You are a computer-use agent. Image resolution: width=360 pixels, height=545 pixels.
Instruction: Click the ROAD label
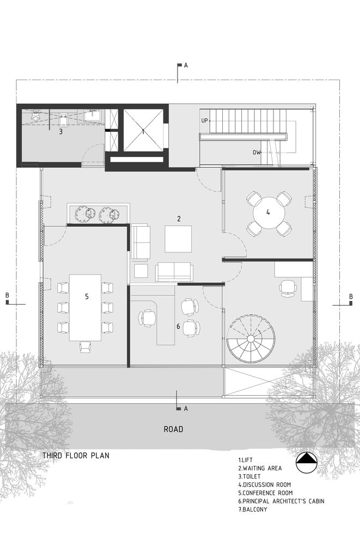click(x=173, y=429)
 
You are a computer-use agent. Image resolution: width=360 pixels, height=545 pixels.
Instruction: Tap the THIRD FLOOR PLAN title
click(x=76, y=455)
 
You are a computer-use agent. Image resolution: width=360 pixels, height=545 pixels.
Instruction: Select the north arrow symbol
click(x=307, y=463)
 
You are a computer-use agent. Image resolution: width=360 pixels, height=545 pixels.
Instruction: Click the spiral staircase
click(x=251, y=339)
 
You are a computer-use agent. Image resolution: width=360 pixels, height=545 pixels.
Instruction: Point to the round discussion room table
click(x=269, y=213)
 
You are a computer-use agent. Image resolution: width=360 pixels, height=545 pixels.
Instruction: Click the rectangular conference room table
click(x=86, y=307)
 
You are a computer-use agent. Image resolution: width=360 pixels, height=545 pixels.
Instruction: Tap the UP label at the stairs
click(x=204, y=120)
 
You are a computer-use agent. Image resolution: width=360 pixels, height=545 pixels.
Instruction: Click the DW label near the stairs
click(x=257, y=152)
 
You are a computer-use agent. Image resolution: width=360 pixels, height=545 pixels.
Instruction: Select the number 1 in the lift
click(x=143, y=131)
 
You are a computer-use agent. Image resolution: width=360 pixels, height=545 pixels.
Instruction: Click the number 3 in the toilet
click(x=61, y=132)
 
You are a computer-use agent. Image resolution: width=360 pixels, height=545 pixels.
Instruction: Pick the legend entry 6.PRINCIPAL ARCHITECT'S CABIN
click(x=281, y=501)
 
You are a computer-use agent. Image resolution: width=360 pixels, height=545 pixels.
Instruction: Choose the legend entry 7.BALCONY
click(x=253, y=510)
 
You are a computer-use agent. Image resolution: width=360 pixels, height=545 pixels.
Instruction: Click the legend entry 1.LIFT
click(x=245, y=460)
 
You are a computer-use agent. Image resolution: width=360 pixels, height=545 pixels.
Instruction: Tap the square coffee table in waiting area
click(x=178, y=239)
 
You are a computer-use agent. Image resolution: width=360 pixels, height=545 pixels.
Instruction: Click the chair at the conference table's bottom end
click(x=86, y=347)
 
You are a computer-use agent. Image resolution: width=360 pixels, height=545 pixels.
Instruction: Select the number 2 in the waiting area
click(x=179, y=219)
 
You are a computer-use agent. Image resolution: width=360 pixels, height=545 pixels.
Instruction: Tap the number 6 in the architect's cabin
click(x=178, y=326)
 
